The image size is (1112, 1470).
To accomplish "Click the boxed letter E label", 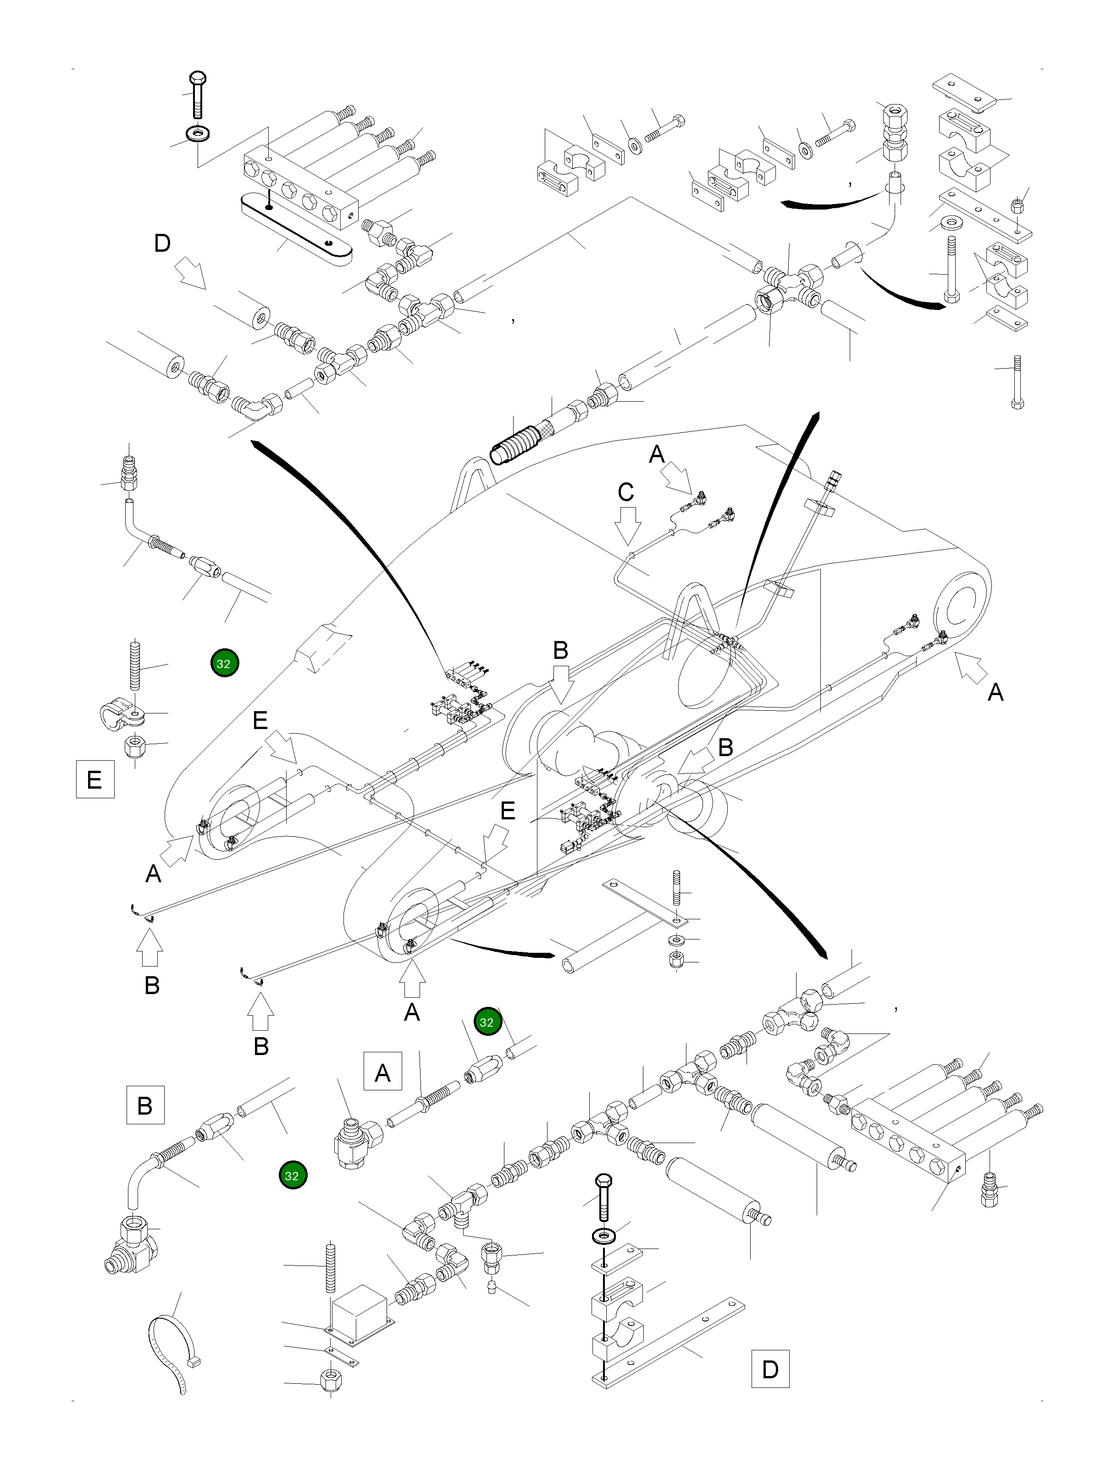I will (x=94, y=778).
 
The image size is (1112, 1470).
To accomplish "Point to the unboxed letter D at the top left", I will (x=162, y=244).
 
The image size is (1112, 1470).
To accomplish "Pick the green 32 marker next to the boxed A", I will (x=487, y=1022).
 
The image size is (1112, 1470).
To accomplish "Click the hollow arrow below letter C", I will (x=627, y=525).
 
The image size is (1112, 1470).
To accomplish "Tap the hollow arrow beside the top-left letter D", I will (x=191, y=273).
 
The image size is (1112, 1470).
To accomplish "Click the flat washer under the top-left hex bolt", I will (x=197, y=133).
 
